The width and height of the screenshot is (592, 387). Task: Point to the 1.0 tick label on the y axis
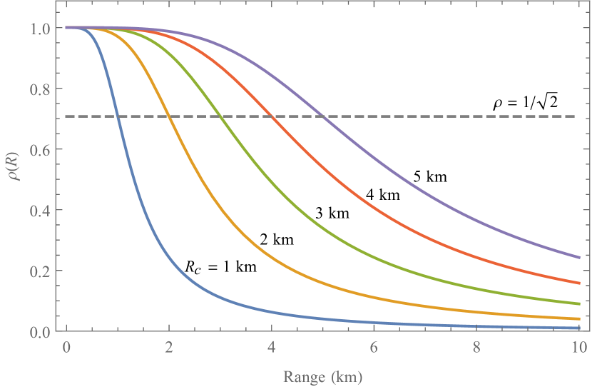coord(41,29)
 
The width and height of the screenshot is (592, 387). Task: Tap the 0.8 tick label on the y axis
coord(41,89)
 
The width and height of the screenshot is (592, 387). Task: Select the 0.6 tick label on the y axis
coord(41,150)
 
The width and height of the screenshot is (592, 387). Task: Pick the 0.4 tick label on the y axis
coord(41,211)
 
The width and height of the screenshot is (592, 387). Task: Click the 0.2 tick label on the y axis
coord(41,271)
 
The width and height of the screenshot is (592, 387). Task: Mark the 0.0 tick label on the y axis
coord(41,332)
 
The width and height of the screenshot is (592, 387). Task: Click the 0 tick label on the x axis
coord(66,349)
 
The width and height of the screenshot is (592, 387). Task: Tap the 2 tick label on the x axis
coord(168,349)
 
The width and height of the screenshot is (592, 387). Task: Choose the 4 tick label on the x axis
coord(271,349)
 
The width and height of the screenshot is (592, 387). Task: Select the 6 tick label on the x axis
coord(373,349)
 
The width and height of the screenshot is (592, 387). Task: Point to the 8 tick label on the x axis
coord(476,349)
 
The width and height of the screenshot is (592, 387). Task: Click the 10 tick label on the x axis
coord(578,349)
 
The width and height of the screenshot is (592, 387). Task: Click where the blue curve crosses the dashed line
coord(118,116)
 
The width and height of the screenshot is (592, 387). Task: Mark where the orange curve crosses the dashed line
coord(168,116)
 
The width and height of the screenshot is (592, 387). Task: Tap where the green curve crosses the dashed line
coord(220,116)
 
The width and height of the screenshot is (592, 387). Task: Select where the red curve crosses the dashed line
coord(271,116)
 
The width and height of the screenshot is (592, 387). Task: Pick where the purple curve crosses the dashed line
coord(322,116)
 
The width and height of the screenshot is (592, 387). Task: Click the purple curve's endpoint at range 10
coord(578,258)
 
